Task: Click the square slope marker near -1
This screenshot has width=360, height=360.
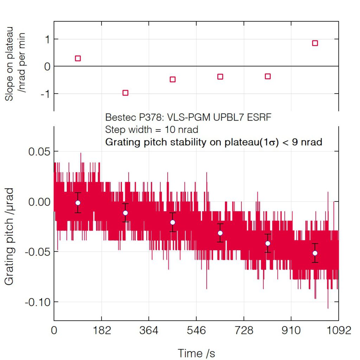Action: coord(125,93)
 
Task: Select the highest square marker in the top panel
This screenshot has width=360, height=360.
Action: coord(315,43)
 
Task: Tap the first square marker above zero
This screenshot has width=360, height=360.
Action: coord(78,58)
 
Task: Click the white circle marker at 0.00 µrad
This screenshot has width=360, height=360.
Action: coord(78,203)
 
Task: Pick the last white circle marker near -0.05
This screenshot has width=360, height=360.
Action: coord(315,253)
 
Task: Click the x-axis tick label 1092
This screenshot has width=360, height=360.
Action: coord(339,331)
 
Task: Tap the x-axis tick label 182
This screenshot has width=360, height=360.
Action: coord(102,331)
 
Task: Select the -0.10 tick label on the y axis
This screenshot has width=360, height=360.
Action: coord(37,302)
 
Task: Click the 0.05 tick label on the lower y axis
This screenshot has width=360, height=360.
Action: coord(39,152)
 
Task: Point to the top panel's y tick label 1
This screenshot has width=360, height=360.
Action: coord(46,39)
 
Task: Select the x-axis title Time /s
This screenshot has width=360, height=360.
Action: coord(196,353)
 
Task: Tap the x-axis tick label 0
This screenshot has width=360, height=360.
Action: coord(54,331)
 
